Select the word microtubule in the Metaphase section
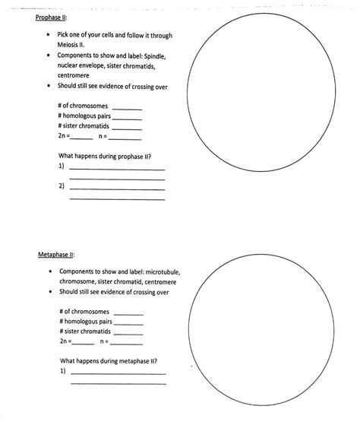tap(163, 271)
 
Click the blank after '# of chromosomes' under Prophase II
tap(126, 107)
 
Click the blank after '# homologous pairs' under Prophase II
tap(127, 117)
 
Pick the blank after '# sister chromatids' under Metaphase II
tap(128, 333)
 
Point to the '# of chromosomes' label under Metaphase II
tap(84, 312)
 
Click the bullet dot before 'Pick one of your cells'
tap(49, 35)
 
